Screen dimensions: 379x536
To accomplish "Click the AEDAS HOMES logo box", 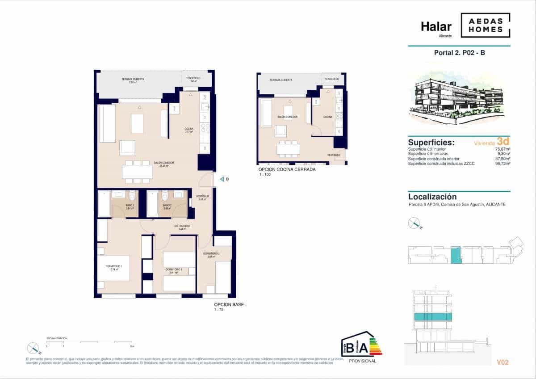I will tap(485, 25).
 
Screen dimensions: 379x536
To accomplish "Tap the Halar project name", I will tap(436, 27).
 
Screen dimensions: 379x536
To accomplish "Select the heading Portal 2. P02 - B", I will tap(459, 53).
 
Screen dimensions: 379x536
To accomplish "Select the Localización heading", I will tap(432, 197).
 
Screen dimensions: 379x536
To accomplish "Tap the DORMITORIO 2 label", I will tap(173, 270).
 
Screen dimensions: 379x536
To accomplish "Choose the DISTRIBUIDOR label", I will tap(183, 227).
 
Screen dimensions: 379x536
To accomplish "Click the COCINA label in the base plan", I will tap(189, 129).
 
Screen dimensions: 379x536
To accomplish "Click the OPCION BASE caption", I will tap(229, 304).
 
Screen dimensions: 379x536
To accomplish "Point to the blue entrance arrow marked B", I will tap(222, 179).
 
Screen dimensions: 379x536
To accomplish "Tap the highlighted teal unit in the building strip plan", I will tap(455, 255).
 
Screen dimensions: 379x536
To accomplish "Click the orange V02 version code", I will tap(502, 362).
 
